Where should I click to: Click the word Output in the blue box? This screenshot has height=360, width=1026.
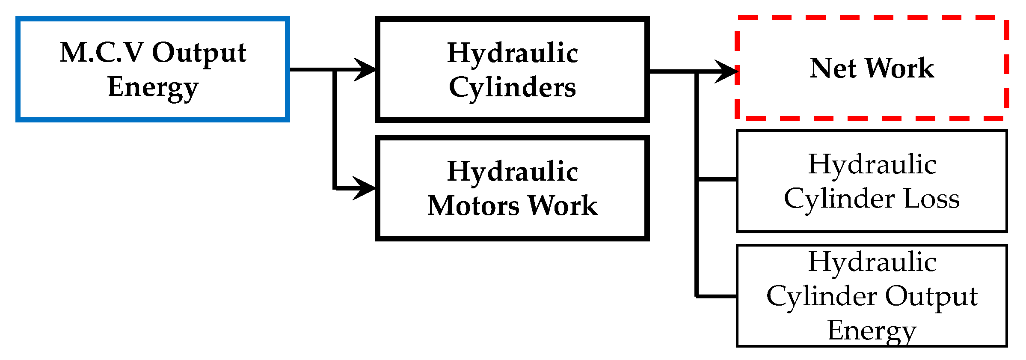(x=199, y=53)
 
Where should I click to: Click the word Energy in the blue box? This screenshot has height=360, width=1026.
(x=153, y=87)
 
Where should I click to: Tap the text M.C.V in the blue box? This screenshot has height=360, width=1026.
(x=101, y=52)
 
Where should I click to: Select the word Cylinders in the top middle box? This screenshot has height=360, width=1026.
(x=512, y=88)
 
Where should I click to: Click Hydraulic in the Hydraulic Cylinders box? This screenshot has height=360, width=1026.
(x=512, y=53)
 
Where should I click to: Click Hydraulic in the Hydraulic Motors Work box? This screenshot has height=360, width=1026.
(x=512, y=172)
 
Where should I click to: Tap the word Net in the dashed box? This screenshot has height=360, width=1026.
(x=833, y=68)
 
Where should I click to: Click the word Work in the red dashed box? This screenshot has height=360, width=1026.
(x=899, y=68)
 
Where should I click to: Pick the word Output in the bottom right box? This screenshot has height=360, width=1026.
(x=931, y=297)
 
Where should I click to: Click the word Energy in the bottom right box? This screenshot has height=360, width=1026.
(x=872, y=330)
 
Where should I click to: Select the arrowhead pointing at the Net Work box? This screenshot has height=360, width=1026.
(x=727, y=71)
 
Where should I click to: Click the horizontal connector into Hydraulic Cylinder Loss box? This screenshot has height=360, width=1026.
(x=717, y=179)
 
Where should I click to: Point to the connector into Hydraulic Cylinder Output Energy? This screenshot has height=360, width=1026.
(x=717, y=296)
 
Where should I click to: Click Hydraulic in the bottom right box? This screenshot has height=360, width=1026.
(x=872, y=262)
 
